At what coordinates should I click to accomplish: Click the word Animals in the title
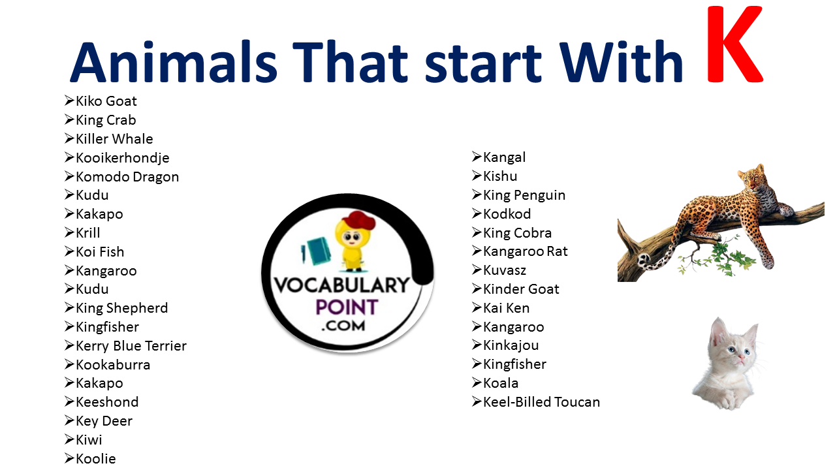tap(174, 62)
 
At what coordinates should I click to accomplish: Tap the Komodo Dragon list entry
tap(127, 177)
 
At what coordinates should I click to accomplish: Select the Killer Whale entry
tap(114, 138)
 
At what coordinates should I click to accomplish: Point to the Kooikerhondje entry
tap(122, 158)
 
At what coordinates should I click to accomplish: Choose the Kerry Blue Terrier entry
tap(131, 346)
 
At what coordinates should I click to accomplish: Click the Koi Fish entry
tap(99, 252)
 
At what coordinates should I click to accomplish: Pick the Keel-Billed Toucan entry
tap(541, 402)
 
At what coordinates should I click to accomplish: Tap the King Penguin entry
tap(524, 195)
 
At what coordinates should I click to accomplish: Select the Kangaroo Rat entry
tap(525, 251)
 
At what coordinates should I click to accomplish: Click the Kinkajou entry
tap(511, 345)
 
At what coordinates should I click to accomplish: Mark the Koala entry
tap(500, 383)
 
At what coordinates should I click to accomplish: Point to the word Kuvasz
tap(505, 270)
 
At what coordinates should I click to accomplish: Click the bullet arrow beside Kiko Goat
tap(69, 101)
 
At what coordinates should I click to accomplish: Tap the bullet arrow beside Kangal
tap(477, 157)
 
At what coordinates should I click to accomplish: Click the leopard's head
tap(751, 177)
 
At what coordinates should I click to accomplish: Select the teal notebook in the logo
tap(317, 251)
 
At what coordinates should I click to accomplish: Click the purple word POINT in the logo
tap(347, 307)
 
